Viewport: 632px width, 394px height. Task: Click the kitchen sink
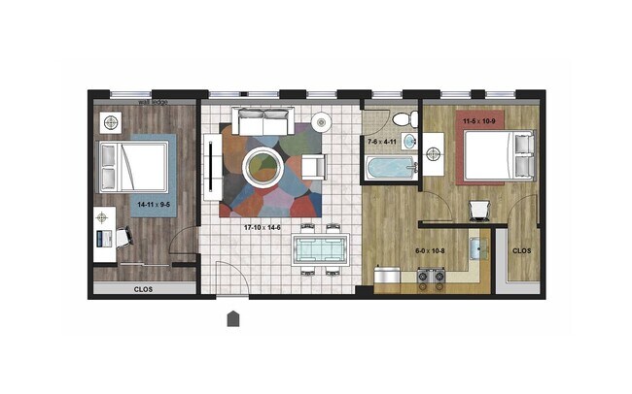478,248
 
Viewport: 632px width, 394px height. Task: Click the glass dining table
318,247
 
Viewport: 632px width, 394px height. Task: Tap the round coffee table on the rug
263,167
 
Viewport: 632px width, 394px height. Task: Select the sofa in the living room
262,122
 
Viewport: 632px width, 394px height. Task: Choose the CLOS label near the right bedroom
521,248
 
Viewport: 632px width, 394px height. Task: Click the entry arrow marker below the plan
233,318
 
